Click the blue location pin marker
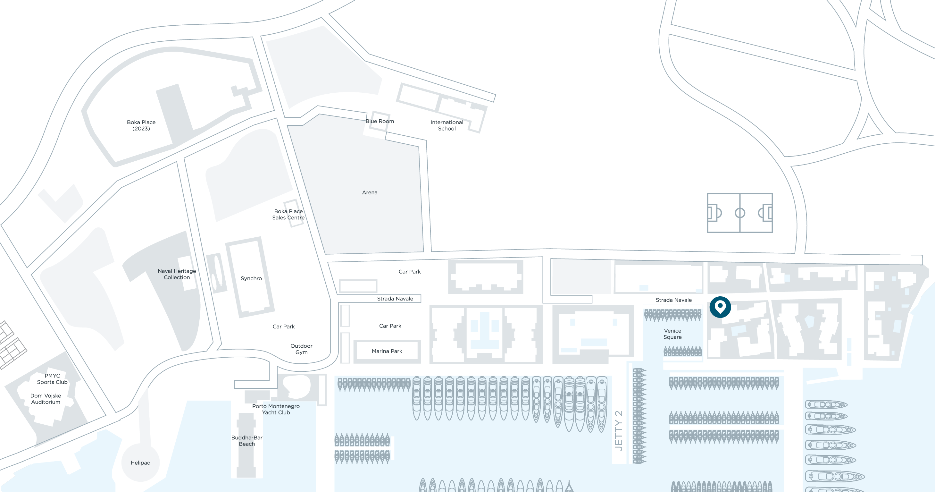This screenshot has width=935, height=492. click(720, 307)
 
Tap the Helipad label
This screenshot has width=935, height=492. click(140, 462)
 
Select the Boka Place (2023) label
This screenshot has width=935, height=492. click(141, 125)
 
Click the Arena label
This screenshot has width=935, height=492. click(370, 192)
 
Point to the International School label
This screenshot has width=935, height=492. click(447, 125)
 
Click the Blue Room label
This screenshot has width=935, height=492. click(380, 121)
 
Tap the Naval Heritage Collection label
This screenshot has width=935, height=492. click(177, 274)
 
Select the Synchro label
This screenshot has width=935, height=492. click(251, 278)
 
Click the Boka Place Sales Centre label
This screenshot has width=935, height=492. click(288, 214)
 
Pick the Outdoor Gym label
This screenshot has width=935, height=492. click(301, 349)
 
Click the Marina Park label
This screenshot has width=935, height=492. click(387, 351)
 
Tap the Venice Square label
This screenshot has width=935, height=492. click(672, 334)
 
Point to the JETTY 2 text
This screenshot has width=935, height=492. click(619, 431)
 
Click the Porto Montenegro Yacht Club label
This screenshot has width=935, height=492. click(276, 409)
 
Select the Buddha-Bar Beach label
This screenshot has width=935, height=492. click(247, 441)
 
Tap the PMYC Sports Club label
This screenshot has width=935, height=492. click(52, 379)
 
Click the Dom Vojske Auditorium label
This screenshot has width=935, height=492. click(46, 399)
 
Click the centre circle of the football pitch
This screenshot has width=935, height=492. click(740, 213)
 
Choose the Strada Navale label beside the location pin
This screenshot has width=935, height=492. click(674, 300)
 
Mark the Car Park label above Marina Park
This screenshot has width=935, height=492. click(390, 326)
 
